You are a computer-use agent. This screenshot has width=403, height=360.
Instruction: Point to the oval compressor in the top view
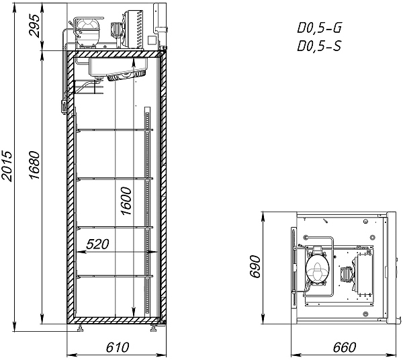pyautogui.click(x=317, y=270)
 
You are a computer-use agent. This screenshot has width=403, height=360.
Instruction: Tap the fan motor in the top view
pyautogui.click(x=347, y=273)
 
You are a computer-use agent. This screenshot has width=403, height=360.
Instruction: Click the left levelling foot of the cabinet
pyautogui.click(x=81, y=327)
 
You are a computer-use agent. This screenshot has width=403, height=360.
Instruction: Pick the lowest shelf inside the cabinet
pyautogui.click(x=114, y=277)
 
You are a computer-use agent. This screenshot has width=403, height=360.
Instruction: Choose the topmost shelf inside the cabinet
pyautogui.click(x=114, y=128)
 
